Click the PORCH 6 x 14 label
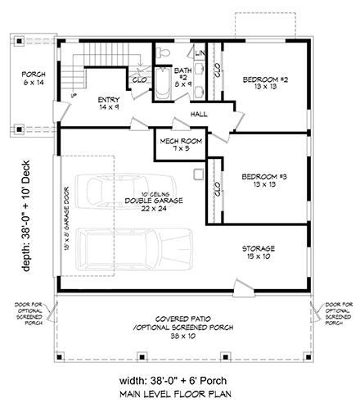tap(34, 78)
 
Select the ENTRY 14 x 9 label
tap(109, 103)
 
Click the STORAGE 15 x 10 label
tap(263, 251)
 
